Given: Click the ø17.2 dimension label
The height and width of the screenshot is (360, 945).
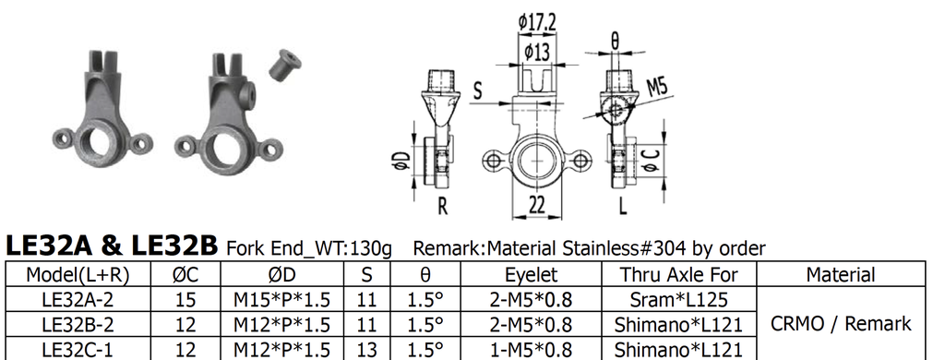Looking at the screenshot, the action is tap(537, 23).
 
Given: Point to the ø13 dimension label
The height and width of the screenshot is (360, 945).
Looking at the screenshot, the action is tap(537, 52).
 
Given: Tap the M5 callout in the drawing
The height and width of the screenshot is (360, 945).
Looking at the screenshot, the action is tap(657, 88).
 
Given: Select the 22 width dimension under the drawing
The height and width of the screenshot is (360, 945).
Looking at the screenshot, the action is tap(536, 205).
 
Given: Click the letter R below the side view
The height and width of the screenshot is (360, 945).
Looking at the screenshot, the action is tap(442, 206).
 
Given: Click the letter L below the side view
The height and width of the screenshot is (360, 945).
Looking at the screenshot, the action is tap(623, 206).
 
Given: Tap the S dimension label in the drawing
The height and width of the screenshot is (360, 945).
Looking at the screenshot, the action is tap(478, 90).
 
